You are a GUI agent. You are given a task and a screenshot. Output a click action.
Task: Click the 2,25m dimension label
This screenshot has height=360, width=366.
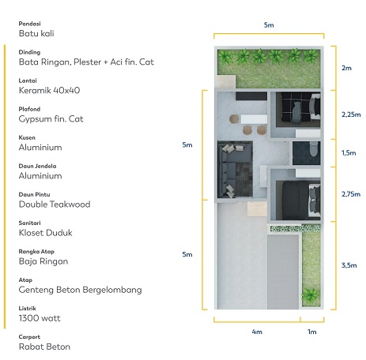(x=351, y=114)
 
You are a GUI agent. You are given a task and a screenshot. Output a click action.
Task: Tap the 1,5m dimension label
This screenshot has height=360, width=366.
(x=349, y=153)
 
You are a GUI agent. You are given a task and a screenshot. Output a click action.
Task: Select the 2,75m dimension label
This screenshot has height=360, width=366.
(x=351, y=194)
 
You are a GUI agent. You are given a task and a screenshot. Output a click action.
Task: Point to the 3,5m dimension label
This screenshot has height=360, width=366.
(x=349, y=265)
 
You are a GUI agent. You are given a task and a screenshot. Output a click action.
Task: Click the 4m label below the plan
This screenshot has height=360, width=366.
(x=257, y=332)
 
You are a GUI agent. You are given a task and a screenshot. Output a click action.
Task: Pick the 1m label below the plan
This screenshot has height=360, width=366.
(x=312, y=332)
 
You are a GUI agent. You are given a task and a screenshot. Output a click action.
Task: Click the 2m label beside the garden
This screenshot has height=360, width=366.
(x=346, y=68)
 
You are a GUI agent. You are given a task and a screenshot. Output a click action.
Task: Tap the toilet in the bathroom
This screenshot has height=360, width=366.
(x=314, y=149)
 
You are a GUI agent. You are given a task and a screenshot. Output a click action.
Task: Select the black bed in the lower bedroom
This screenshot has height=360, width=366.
(x=295, y=200)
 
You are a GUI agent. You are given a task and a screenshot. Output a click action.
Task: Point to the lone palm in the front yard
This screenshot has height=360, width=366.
(x=311, y=294)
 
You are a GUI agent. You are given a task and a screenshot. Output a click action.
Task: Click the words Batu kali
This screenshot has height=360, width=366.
(x=36, y=33)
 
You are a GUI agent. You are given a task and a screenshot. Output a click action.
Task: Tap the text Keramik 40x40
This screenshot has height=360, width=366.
(x=49, y=91)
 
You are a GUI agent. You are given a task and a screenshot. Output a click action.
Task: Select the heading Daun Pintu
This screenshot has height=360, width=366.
(x=34, y=194)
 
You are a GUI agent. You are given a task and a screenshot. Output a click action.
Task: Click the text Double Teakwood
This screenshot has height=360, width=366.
(x=55, y=204)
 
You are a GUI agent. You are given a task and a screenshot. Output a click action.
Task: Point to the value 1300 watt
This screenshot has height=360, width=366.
(x=40, y=318)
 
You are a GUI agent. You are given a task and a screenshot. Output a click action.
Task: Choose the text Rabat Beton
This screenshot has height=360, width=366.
(x=44, y=347)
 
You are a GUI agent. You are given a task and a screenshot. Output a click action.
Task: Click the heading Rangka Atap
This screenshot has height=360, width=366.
(x=36, y=252)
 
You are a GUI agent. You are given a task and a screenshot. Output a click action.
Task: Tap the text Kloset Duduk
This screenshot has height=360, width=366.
(x=45, y=233)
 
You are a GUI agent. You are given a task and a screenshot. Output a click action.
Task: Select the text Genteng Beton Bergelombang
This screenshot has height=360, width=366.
(x=80, y=290)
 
